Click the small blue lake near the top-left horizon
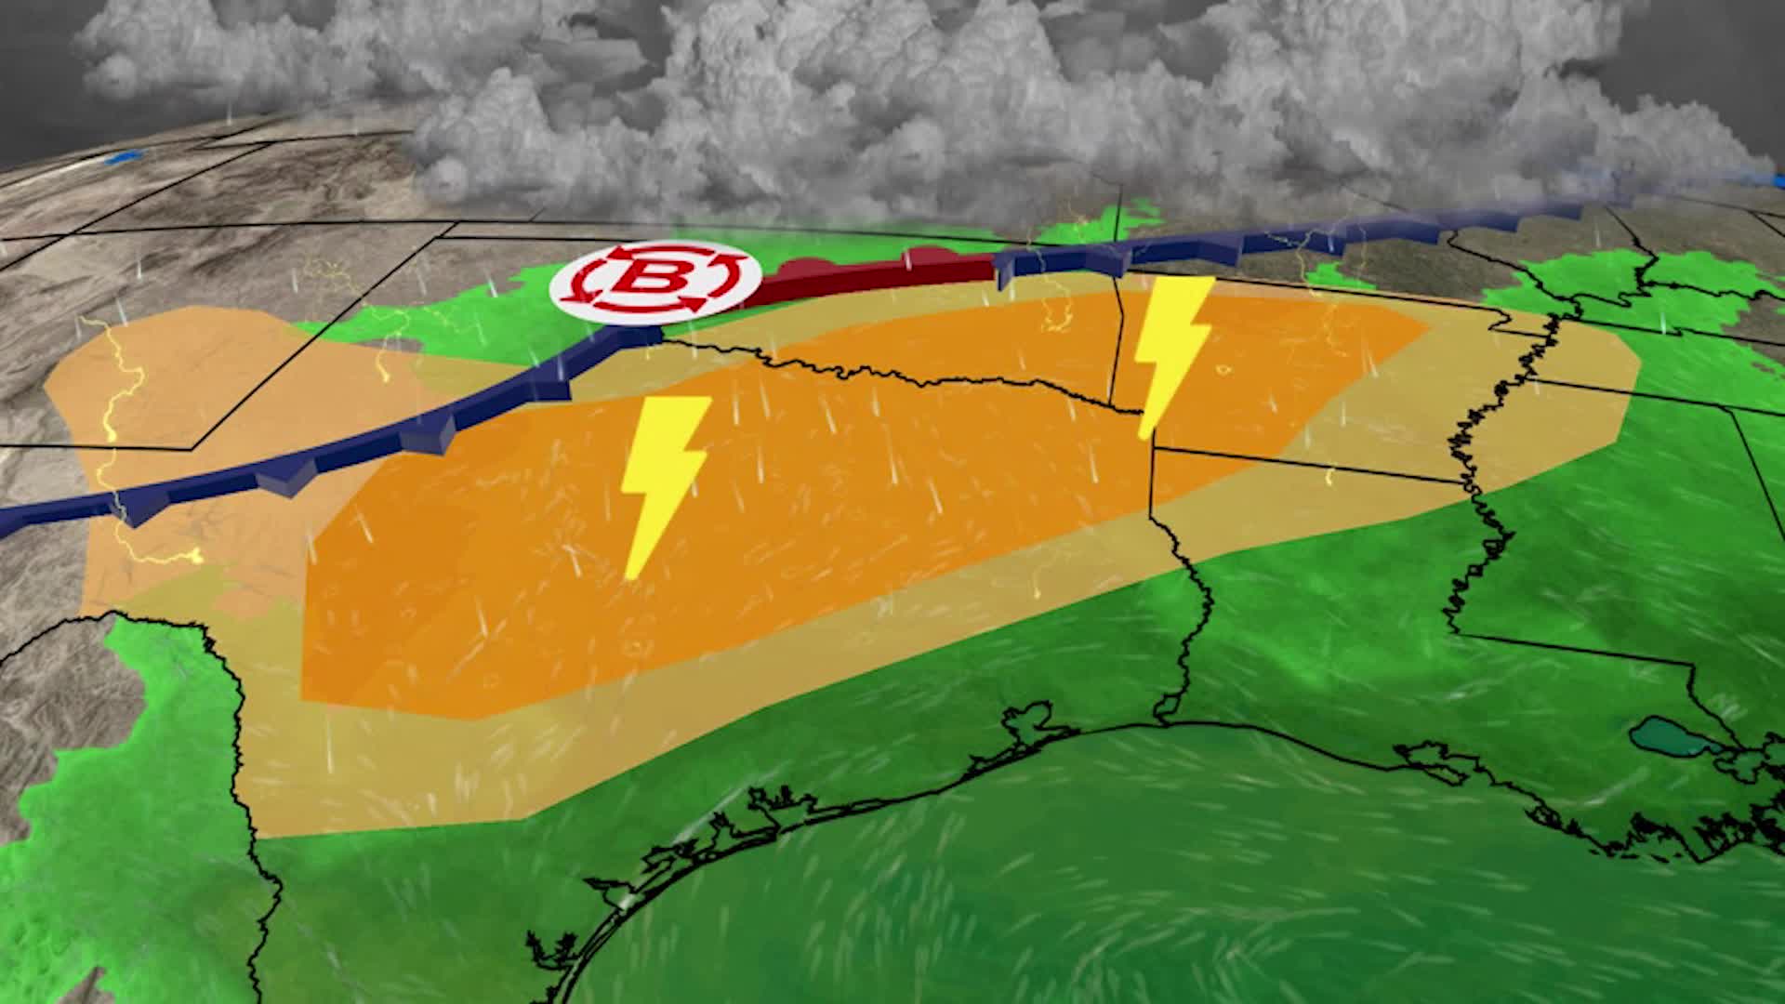pyautogui.click(x=125, y=159)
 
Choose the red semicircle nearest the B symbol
pyautogui.click(x=800, y=268)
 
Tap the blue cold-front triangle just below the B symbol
pyautogui.click(x=641, y=334)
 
